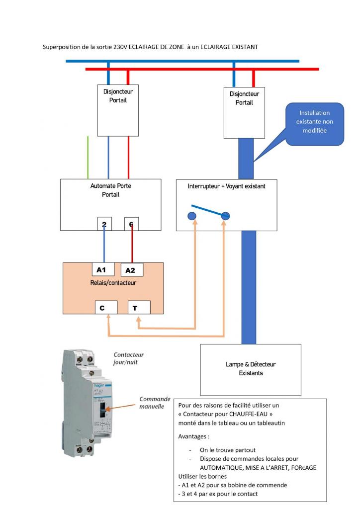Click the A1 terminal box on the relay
click(x=103, y=269)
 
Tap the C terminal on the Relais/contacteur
click(x=106, y=308)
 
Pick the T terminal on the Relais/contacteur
click(x=138, y=308)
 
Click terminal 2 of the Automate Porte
click(x=104, y=224)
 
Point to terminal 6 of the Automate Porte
click(x=131, y=224)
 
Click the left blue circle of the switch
click(x=192, y=216)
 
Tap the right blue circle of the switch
click(x=225, y=216)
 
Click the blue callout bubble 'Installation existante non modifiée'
click(x=314, y=122)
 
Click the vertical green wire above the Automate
click(x=88, y=157)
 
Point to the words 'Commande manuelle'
click(x=155, y=403)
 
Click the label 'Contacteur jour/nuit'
click(x=128, y=359)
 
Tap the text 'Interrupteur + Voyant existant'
click(x=226, y=186)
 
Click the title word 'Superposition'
click(x=61, y=47)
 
